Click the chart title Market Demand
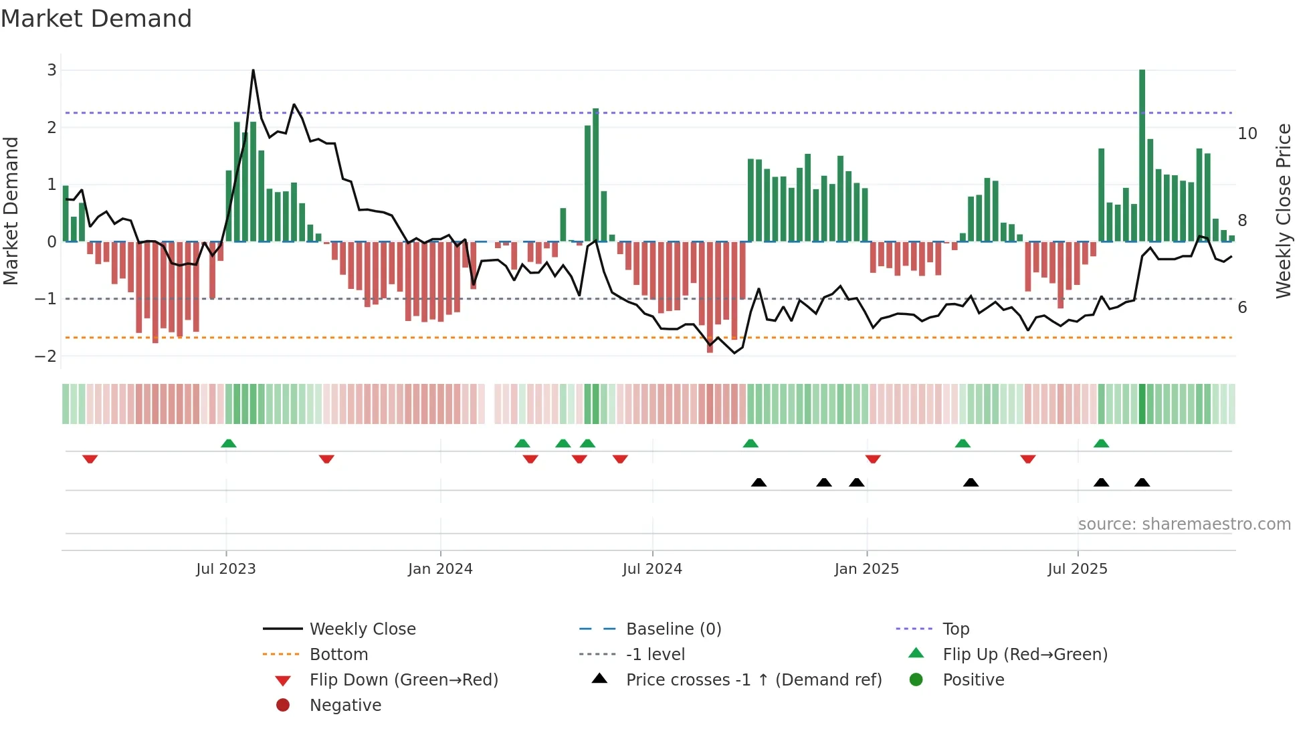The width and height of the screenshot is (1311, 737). pyautogui.click(x=96, y=19)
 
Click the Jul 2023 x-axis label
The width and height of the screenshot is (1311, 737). pyautogui.click(x=226, y=569)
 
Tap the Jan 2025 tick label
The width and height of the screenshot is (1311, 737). pyautogui.click(x=866, y=569)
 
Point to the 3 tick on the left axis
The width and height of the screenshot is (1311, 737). pyautogui.click(x=52, y=70)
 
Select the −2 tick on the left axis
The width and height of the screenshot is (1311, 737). pyautogui.click(x=46, y=356)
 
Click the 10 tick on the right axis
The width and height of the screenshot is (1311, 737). pyautogui.click(x=1247, y=134)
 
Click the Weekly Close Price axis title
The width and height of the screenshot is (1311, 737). pyautogui.click(x=1283, y=211)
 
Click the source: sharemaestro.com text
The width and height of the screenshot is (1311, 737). pyautogui.click(x=1184, y=524)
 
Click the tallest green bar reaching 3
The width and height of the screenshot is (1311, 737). pyautogui.click(x=1142, y=154)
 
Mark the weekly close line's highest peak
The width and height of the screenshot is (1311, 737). pyautogui.click(x=253, y=70)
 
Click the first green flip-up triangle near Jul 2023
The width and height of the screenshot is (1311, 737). pyautogui.click(x=229, y=443)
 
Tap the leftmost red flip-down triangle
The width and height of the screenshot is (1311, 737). pyautogui.click(x=90, y=459)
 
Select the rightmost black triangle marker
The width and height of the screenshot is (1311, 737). pyautogui.click(x=1142, y=482)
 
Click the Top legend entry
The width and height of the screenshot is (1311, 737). pyautogui.click(x=955, y=629)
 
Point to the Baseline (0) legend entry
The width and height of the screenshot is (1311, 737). pyautogui.click(x=673, y=629)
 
